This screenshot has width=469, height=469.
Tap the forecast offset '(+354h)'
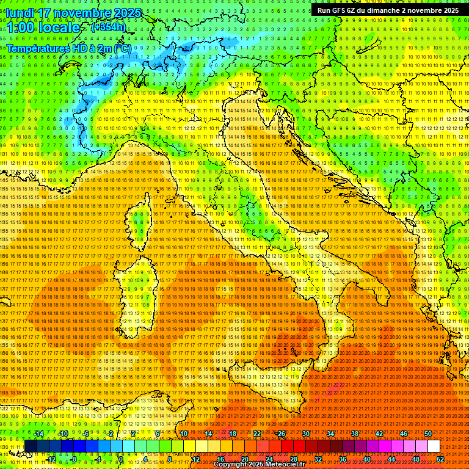[x=109, y=27]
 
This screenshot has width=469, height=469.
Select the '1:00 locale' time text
[x=43, y=28]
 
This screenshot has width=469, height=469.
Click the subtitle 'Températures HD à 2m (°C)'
[x=68, y=48]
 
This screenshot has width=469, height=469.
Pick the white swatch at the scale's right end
[x=434, y=446]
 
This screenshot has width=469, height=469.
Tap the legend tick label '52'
[x=440, y=459]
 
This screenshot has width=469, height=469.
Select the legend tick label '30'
[x=305, y=434]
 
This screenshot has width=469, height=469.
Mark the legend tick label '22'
[x=256, y=434]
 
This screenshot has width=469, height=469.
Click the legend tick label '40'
[x=367, y=459]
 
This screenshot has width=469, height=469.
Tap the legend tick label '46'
[x=403, y=434]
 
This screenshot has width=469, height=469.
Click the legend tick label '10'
[x=183, y=434]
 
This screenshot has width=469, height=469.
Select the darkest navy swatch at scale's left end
[x=31, y=446]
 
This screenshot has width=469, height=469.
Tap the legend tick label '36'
[x=343, y=459]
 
